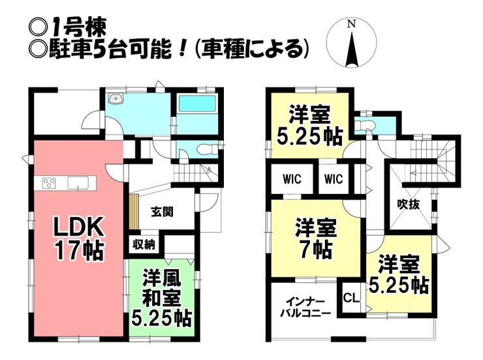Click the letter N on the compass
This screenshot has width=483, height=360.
point(351,24)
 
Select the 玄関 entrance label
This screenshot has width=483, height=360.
point(162,212)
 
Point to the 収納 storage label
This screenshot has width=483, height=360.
point(144,245)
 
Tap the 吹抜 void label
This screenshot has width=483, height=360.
point(409,204)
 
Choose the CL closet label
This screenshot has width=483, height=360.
point(351,298)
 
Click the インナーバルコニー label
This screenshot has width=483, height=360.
point(305,307)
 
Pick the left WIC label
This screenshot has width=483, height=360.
point(292,179)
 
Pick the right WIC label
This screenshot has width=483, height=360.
point(334,179)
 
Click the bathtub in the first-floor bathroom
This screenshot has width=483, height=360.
point(197,104)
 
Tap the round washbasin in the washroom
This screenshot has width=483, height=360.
point(116,98)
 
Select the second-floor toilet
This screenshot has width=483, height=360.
point(364,125)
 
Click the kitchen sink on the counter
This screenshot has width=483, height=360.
point(78,183)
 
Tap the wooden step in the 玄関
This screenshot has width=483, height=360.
point(134,212)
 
